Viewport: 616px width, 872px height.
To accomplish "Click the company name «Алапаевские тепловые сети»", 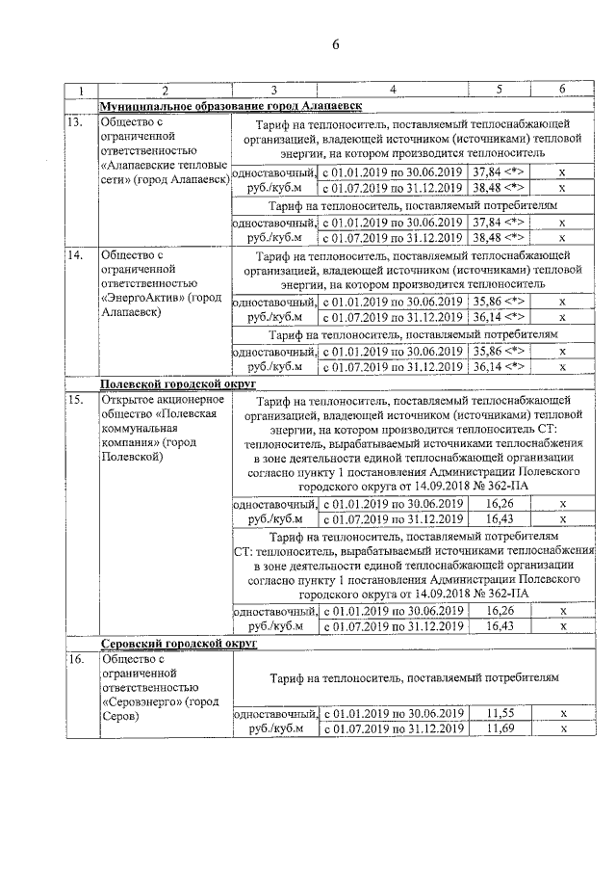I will click(164, 172).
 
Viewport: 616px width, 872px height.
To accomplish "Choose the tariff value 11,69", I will click(499, 728).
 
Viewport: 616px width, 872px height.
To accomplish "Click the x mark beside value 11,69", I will click(562, 728).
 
